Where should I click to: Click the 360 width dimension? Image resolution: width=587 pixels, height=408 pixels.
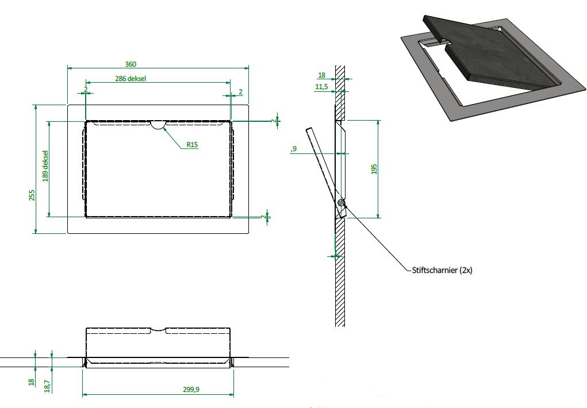(131, 64)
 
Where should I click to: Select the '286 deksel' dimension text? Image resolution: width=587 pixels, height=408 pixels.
(131, 79)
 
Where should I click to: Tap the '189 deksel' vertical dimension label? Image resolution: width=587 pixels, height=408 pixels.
(45, 166)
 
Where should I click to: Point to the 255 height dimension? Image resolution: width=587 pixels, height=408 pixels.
(32, 195)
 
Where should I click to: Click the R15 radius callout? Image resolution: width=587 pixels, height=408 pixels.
(192, 144)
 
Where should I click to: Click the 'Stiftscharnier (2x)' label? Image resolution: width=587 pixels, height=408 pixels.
(442, 270)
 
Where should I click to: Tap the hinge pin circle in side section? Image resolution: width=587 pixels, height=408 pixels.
(341, 203)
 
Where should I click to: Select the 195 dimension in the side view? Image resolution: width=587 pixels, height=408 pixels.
(374, 169)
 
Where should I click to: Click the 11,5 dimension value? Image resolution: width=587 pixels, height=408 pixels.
(321, 87)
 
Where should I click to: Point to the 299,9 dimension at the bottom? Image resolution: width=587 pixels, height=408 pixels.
(191, 389)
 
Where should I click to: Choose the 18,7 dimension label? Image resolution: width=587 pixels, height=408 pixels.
(47, 386)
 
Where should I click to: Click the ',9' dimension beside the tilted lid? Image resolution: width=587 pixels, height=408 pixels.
(293, 149)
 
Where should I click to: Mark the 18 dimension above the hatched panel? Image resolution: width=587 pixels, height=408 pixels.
(321, 75)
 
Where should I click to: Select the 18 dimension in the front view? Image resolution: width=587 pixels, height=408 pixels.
(31, 382)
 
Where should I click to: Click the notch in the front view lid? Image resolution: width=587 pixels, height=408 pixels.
(158, 330)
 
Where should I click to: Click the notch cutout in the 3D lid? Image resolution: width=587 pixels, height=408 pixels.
(440, 41)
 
